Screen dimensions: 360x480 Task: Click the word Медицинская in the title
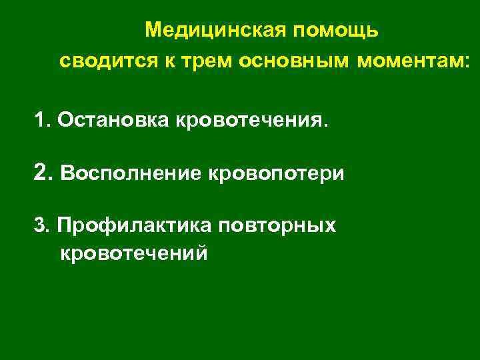208,31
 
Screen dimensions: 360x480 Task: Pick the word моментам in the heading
410,61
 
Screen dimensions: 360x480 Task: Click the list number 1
41,120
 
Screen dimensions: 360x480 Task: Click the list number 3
40,226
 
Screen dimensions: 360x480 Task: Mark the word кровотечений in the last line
134,253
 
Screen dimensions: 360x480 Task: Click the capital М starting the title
153,31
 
